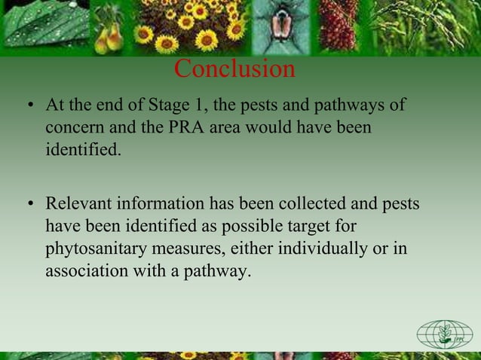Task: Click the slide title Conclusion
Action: (234, 69)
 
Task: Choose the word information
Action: (162, 205)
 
